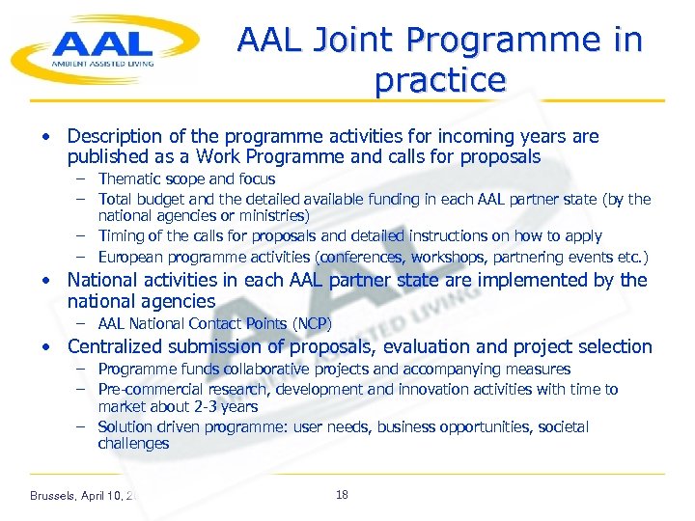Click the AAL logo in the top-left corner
pos(104,48)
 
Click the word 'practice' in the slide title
pos(439,80)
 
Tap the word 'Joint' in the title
pos(351,41)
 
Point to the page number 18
pos(342,495)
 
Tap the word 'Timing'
pos(121,236)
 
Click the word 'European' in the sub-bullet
pos(130,257)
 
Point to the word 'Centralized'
pos(116,346)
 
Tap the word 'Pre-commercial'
pos(145,389)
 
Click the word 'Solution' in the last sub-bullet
pos(125,426)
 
